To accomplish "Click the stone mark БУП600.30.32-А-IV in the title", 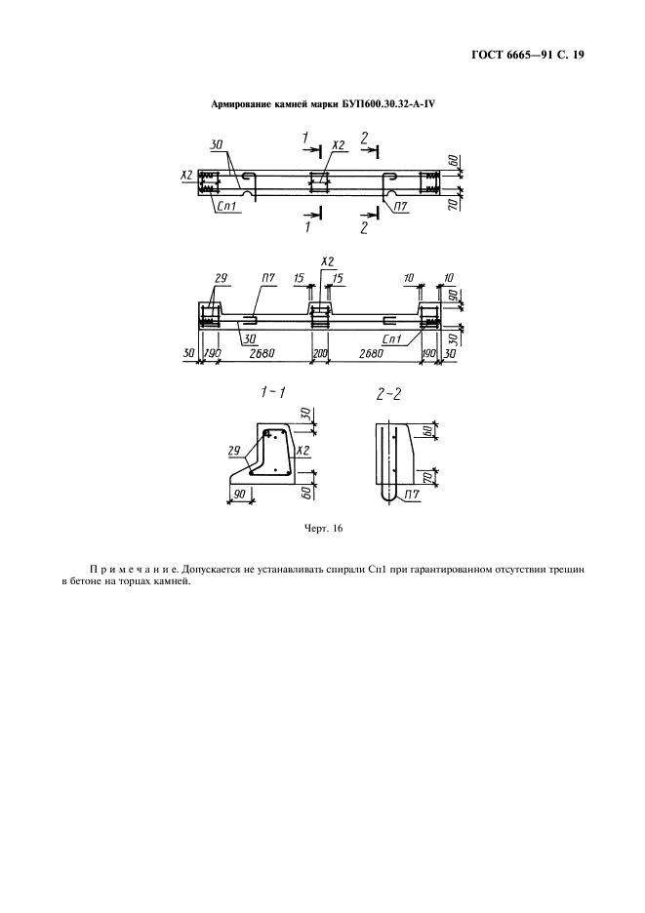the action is coord(386,104).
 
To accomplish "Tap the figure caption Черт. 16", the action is coord(323,529).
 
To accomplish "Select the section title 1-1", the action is coord(272,394).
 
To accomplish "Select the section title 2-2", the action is coord(388,395).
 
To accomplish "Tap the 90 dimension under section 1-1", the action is coord(238,494).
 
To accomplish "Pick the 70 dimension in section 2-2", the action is coord(427,477).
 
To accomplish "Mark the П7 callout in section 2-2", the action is coord(412,496).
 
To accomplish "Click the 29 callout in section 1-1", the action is coord(234,450).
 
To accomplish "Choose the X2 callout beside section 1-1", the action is coord(302,450).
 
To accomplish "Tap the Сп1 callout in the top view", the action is coord(224,206).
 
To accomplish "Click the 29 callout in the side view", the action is coord(221,278).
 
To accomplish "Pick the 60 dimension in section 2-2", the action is coord(427,430).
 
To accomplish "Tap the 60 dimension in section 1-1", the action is coord(307,492).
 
